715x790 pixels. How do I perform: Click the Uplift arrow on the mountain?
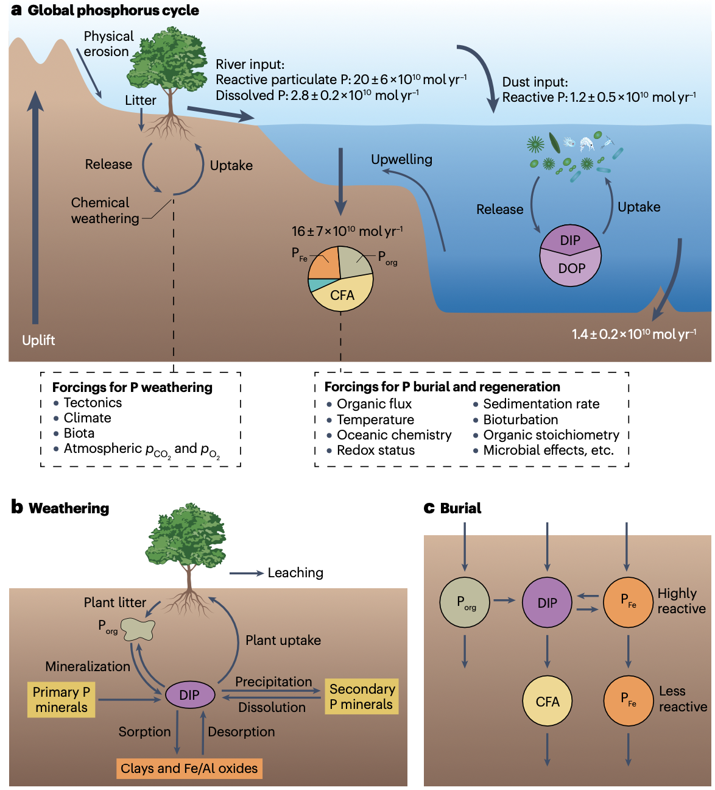click(35, 207)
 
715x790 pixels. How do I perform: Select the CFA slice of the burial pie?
click(342, 294)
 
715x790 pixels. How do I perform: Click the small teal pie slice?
click(314, 285)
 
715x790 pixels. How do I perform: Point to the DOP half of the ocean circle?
click(571, 269)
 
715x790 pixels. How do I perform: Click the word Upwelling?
click(402, 160)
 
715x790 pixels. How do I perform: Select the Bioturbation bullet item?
click(520, 419)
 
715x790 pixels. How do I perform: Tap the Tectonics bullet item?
click(93, 403)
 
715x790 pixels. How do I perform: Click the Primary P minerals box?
click(62, 700)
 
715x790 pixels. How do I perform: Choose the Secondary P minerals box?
click(362, 697)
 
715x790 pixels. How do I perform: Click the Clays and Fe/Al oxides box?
click(189, 768)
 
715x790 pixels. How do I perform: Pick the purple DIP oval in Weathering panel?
click(189, 695)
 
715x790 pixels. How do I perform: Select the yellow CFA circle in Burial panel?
click(548, 702)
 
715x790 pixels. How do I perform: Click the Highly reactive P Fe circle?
click(628, 602)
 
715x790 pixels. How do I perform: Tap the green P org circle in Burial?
click(465, 602)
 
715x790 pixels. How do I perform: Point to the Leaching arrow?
click(246, 573)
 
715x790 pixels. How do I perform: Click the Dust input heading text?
click(535, 82)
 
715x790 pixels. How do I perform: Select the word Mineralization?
click(88, 666)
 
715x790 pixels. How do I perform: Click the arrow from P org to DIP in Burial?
click(504, 600)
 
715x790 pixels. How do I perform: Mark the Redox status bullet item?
click(375, 450)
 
